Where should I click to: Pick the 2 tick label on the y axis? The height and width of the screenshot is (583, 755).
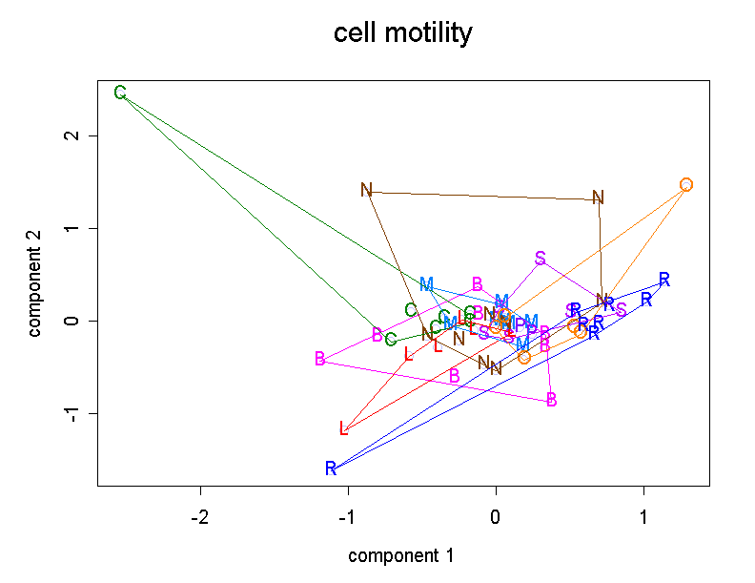(69, 135)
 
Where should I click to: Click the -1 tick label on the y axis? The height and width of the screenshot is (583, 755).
(69, 413)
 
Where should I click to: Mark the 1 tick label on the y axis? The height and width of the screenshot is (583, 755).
(69, 229)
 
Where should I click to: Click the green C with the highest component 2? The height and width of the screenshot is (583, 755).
(120, 93)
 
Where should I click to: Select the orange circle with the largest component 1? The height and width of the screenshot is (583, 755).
(686, 184)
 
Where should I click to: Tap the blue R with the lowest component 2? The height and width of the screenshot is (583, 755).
(331, 468)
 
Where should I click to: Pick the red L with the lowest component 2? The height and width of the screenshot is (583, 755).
(344, 428)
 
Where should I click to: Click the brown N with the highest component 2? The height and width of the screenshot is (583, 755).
(366, 190)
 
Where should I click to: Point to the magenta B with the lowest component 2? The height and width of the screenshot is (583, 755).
(552, 400)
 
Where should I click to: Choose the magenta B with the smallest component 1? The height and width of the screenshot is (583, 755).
(320, 359)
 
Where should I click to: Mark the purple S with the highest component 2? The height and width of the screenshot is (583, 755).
(541, 258)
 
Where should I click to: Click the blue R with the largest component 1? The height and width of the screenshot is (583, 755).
(664, 280)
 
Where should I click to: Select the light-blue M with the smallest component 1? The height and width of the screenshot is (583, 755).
(426, 284)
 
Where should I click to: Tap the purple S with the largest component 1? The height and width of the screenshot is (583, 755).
(621, 309)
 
